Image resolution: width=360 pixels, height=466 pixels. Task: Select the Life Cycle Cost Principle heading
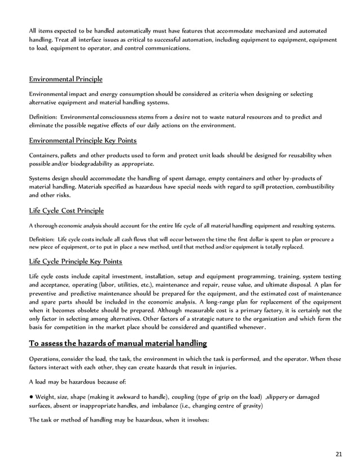(x=66, y=210)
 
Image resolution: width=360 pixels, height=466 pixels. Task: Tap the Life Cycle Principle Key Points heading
(x=75, y=262)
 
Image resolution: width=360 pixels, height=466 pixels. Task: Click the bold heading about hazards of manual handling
(x=118, y=343)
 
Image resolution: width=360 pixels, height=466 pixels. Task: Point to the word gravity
(x=250, y=405)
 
